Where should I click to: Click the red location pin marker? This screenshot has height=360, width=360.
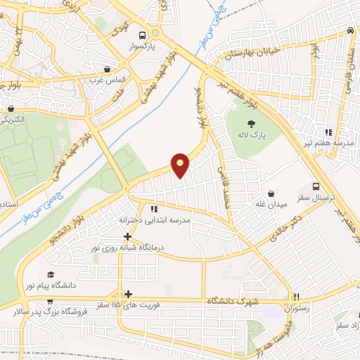pos(181,165)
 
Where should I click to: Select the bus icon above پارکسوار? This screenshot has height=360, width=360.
pos(143,35)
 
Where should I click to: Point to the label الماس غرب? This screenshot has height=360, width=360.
pos(107,80)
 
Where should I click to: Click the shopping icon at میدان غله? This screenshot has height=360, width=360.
pos(271,193)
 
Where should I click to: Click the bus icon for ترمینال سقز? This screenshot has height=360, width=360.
pos(316,186)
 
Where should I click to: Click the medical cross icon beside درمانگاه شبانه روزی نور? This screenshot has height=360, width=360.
pos(127,236)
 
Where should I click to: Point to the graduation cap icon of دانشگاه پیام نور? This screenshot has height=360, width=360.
pos(50,275)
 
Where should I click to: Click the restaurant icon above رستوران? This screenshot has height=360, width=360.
pos(297,297)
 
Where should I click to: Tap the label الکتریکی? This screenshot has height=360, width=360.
pos(14,120)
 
